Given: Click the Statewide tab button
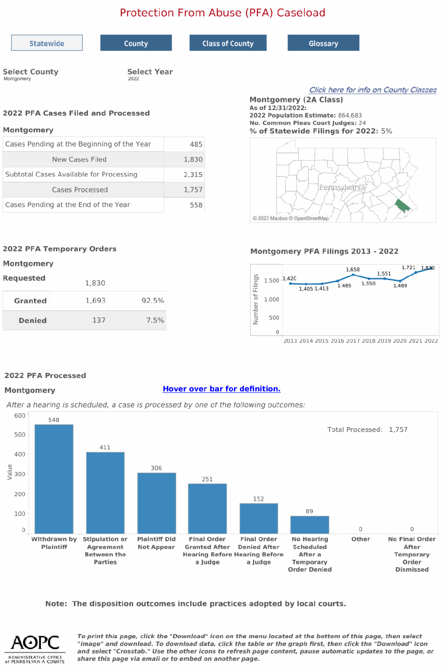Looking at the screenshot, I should [x=47, y=43].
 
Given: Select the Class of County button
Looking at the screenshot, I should [x=228, y=43].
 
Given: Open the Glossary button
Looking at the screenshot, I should [x=323, y=43].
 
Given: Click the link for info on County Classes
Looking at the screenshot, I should [x=373, y=90].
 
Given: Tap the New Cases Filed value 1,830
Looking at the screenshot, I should [x=193, y=159].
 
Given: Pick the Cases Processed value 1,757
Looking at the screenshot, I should [x=193, y=190].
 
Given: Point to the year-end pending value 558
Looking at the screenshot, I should [x=196, y=205].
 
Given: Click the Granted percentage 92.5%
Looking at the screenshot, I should [x=152, y=301].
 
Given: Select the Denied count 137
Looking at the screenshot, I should [x=99, y=320].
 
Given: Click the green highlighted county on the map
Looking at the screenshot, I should [x=402, y=206].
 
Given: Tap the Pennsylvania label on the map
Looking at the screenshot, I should [x=342, y=188].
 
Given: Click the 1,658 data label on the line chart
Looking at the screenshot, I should [x=353, y=270].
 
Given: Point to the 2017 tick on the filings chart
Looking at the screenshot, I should [x=353, y=341].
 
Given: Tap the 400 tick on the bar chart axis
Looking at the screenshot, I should [x=20, y=454].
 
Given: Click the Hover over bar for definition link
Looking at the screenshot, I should [x=222, y=389].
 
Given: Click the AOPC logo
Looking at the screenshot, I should [x=35, y=649].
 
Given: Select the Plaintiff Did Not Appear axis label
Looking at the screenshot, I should [x=156, y=543].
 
